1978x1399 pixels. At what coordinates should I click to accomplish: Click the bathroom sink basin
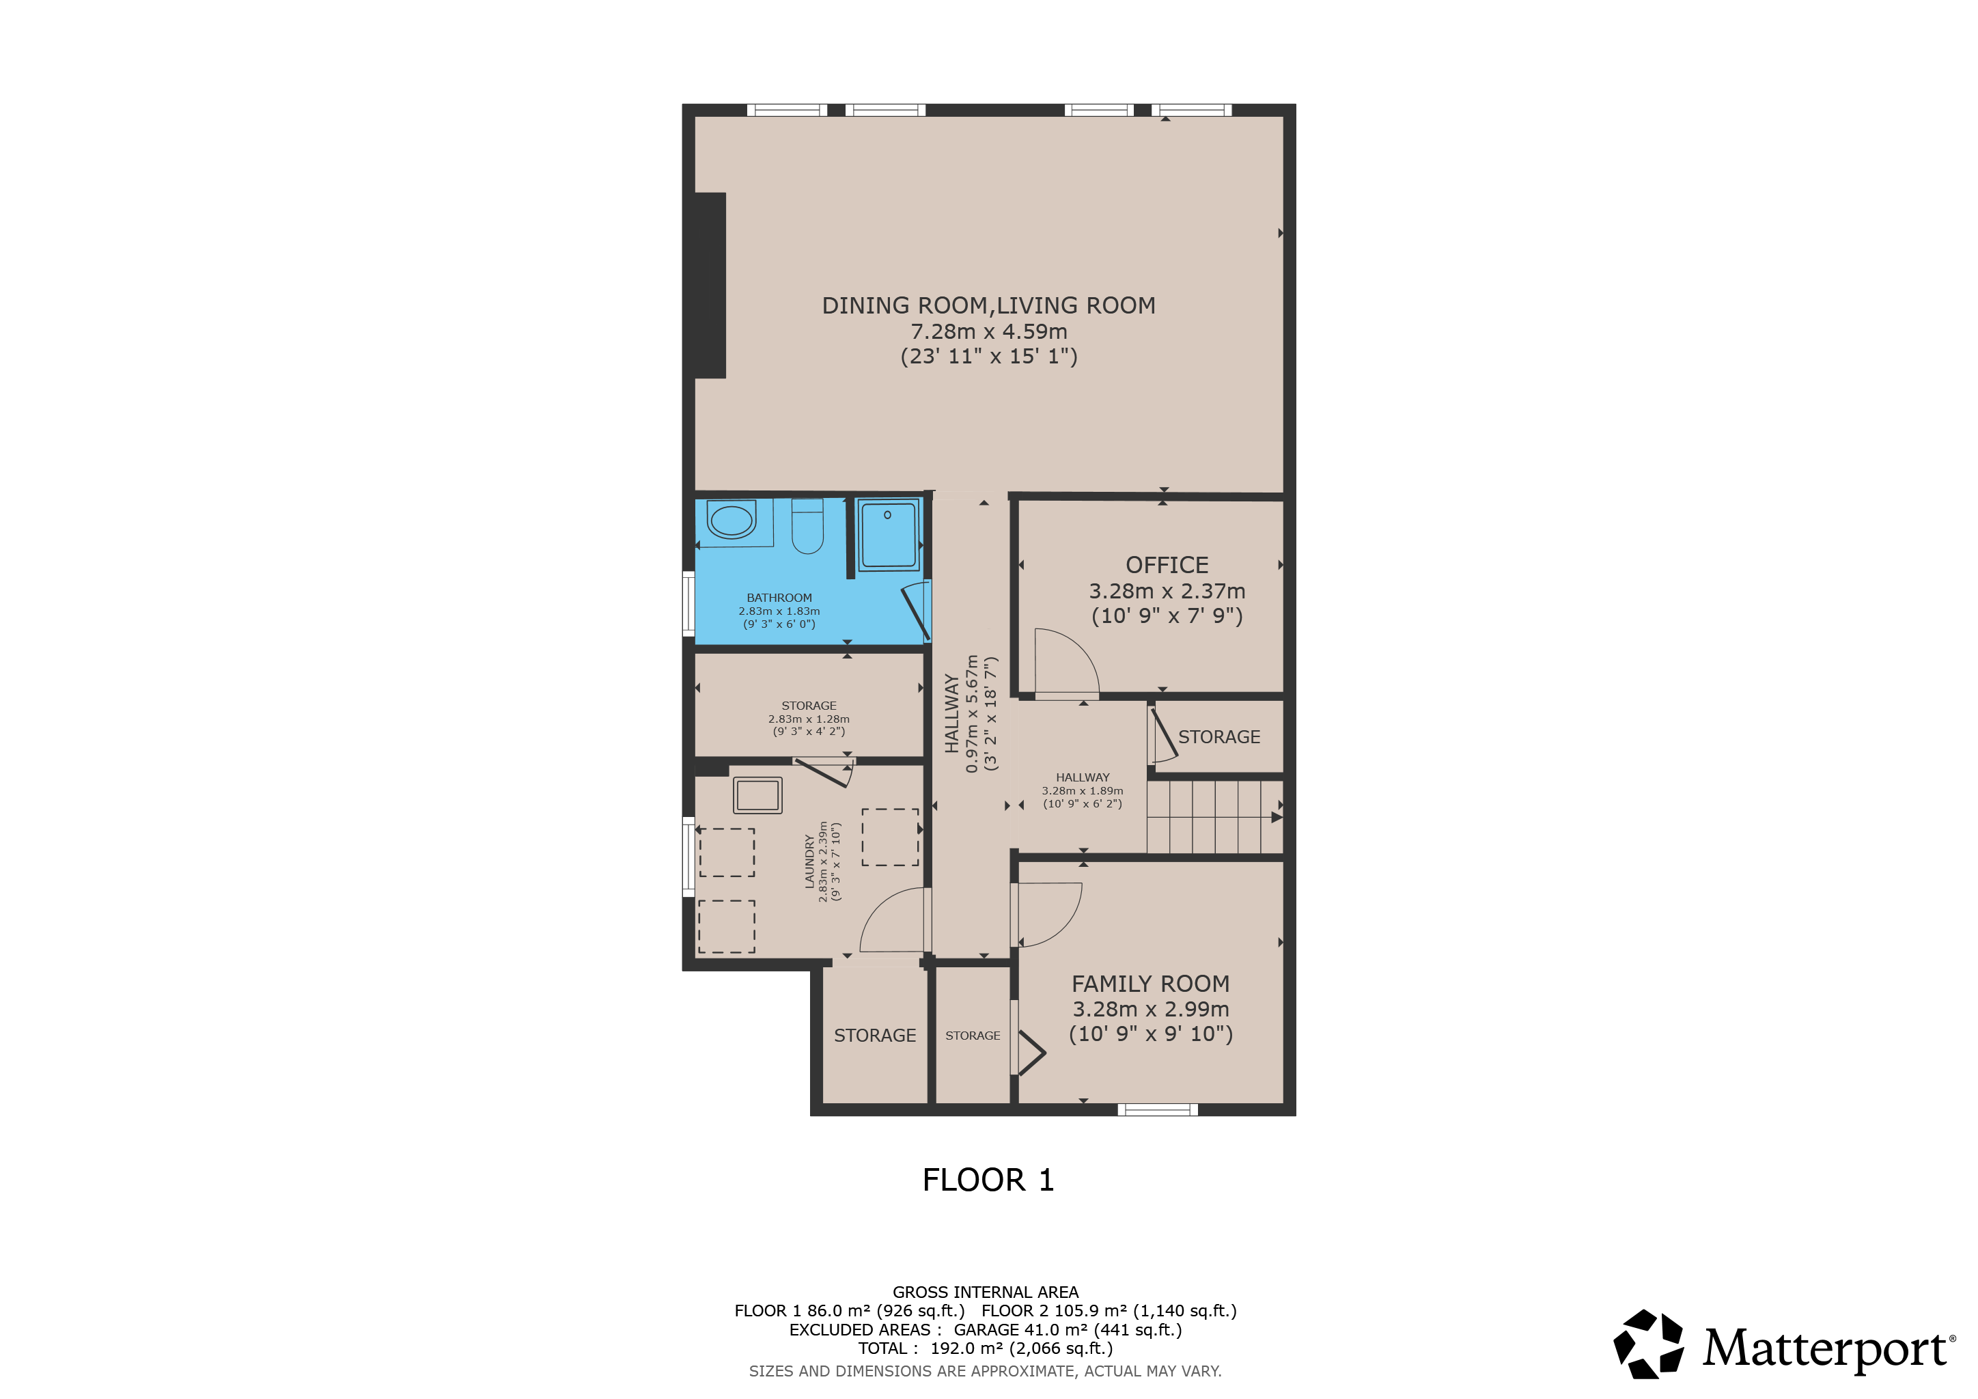click(732, 521)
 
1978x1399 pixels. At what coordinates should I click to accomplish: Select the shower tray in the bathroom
click(888, 535)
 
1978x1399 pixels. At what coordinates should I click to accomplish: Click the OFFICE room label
click(1167, 565)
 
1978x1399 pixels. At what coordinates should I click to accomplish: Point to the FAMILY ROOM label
click(1151, 984)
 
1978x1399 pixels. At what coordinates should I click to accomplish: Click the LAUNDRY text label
click(810, 861)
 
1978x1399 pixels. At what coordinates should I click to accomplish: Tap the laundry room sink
click(758, 796)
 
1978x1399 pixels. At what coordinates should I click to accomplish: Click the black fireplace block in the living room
click(710, 285)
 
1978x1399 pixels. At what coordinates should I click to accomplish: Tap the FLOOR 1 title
click(988, 1180)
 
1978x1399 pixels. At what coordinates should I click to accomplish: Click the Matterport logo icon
click(1649, 1345)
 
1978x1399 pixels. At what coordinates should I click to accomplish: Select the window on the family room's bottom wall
click(1158, 1109)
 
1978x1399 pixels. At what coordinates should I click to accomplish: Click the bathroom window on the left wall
click(688, 604)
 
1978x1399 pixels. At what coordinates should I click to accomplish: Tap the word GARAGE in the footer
click(986, 1330)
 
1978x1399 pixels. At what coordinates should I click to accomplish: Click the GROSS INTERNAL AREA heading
click(986, 1292)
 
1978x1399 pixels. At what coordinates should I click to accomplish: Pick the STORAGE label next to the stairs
click(1219, 737)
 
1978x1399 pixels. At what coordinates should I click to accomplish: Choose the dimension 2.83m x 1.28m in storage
click(809, 719)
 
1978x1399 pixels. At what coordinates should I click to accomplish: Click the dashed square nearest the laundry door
click(891, 837)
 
